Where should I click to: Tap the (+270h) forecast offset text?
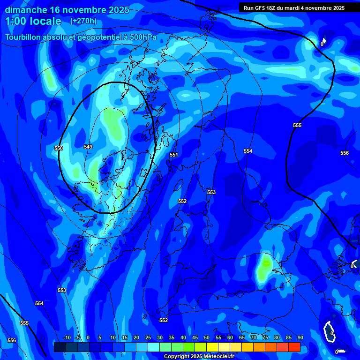[x=83, y=21]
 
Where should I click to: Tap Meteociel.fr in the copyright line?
[x=217, y=357]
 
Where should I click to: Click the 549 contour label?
[x=88, y=147]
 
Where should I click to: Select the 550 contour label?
[x=59, y=148]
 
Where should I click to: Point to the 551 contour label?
[x=174, y=155]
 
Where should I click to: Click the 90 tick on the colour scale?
[x=300, y=337]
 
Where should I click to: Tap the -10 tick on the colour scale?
[x=67, y=337]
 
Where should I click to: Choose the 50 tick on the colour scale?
[x=207, y=337]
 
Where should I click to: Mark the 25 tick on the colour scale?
[x=148, y=337]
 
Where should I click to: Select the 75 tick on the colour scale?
[x=265, y=337]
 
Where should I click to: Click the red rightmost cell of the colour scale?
[x=294, y=347]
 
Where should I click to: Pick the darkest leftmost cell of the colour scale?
[x=60, y=347]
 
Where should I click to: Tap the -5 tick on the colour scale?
[x=77, y=337]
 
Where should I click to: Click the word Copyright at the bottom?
[x=178, y=357]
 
